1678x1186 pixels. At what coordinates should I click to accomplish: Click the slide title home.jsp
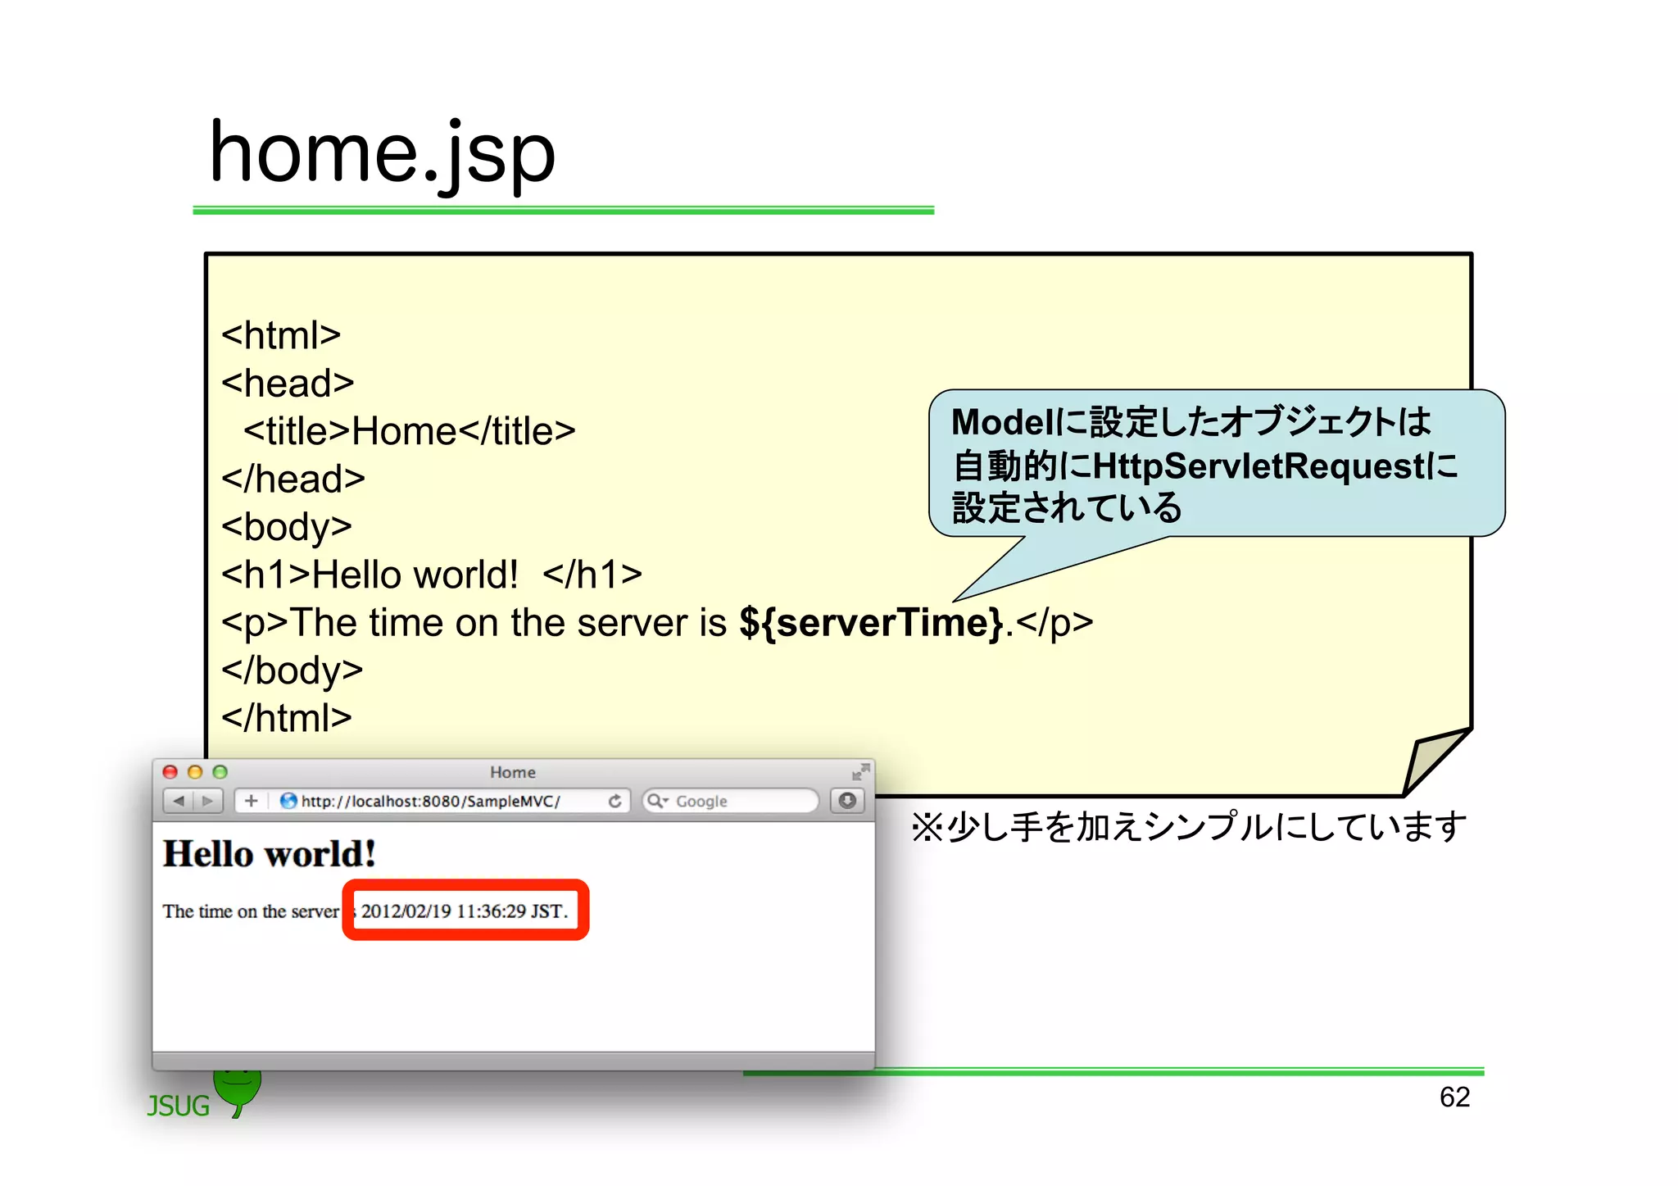[x=382, y=153]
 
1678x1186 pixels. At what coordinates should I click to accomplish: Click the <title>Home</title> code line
[x=409, y=431]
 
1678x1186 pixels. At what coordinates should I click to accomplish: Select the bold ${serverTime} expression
[x=871, y=623]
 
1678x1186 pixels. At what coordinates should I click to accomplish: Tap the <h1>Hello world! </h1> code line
[x=431, y=575]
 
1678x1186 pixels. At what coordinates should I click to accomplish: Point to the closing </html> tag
[x=286, y=718]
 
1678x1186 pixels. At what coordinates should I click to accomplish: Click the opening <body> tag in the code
[x=286, y=527]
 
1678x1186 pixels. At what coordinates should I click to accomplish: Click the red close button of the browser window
[x=170, y=772]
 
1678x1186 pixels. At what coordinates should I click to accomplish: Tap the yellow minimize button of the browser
[x=195, y=772]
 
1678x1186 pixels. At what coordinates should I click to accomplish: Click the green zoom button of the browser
[x=220, y=772]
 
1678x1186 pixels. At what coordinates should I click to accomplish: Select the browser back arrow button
[x=179, y=801]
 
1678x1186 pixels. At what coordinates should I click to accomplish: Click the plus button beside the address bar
[x=252, y=801]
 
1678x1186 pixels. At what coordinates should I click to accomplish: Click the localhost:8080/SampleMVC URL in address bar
[x=431, y=802]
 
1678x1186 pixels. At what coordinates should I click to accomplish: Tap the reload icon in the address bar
[x=615, y=801]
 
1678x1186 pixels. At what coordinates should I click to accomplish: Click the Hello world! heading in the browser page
[x=270, y=854]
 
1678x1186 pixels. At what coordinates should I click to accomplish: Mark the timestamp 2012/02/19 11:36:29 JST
[x=464, y=911]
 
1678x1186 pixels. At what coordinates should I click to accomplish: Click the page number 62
[x=1454, y=1097]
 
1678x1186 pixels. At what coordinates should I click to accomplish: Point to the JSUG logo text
[x=179, y=1106]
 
